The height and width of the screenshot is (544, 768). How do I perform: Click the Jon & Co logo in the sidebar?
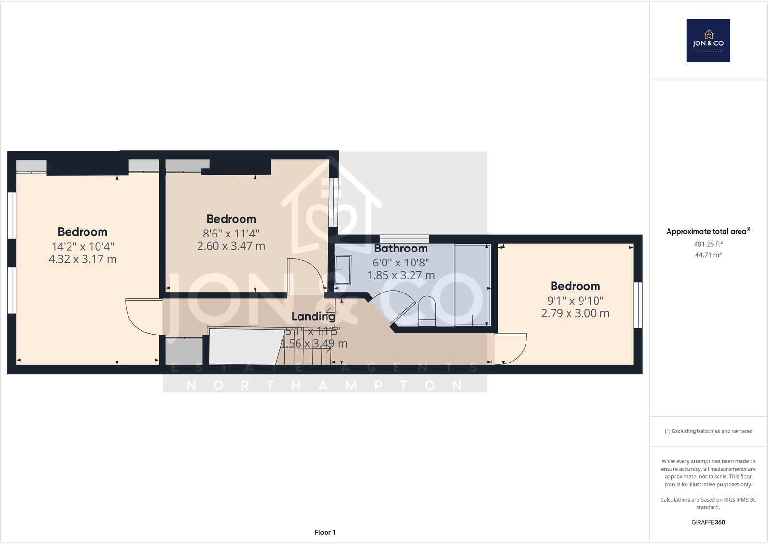708,41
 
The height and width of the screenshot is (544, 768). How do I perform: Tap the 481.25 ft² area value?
708,244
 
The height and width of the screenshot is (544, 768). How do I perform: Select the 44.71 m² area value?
708,255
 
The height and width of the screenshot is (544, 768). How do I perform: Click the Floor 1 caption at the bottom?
325,532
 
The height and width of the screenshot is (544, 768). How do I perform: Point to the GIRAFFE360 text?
708,522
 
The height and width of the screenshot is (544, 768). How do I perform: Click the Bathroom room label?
400,249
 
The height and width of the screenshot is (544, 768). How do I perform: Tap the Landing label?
313,316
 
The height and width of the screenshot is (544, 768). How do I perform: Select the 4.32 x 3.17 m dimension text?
83,259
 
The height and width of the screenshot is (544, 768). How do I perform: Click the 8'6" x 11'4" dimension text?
231,234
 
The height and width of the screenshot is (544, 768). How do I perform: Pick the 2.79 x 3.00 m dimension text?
575,313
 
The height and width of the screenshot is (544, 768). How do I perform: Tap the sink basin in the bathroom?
342,270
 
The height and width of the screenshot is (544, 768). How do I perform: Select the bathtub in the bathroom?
472,285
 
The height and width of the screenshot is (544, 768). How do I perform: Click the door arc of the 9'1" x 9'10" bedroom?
512,349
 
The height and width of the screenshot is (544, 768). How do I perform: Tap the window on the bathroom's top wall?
404,238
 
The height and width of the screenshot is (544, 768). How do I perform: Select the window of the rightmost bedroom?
638,305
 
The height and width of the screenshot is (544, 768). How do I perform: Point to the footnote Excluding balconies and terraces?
708,431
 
